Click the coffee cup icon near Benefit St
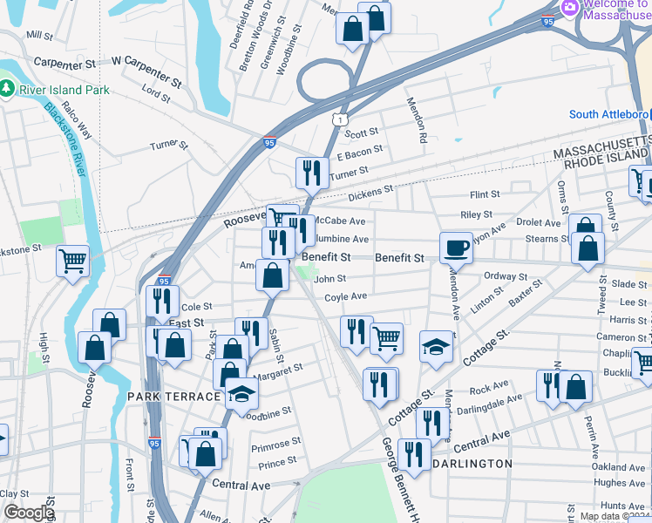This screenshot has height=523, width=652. pos(455,248)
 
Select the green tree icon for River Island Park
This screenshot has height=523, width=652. pos(8,89)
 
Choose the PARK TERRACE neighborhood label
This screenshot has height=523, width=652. pos(173,397)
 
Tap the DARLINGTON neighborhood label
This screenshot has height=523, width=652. pos(472,464)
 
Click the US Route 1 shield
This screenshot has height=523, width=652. pos(338,115)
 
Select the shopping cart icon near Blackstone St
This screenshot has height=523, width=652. pos(73,260)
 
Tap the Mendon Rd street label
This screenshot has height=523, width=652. pos(416,119)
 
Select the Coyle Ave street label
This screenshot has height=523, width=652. pos(345,296)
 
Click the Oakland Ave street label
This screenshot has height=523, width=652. pos(619,467)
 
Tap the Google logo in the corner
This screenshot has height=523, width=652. pos(28,513)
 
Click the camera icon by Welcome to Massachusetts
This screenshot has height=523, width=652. pos(571,7)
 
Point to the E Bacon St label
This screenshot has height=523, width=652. pos(359,152)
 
